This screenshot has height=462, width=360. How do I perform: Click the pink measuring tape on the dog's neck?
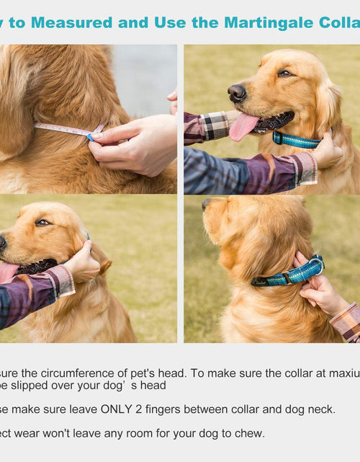coord(65,130)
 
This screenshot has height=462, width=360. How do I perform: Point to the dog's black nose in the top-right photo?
coord(236,92)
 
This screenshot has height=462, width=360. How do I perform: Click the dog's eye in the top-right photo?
coord(284,73)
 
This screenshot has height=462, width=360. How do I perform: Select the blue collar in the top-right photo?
coord(297,140)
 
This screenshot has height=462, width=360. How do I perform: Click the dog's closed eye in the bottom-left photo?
coord(42,223)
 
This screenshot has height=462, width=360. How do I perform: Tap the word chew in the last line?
coord(250,432)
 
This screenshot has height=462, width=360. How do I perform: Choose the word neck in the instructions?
coord(320,409)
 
